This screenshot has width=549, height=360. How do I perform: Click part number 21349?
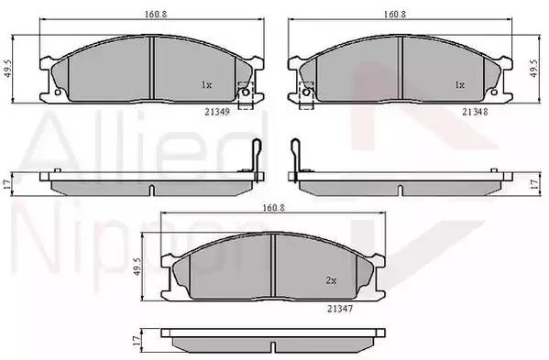coord(217,112)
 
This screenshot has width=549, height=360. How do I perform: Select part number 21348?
coord(475,112)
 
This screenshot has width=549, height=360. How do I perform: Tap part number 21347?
coord(340,309)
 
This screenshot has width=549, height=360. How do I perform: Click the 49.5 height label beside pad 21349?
coord(9,69)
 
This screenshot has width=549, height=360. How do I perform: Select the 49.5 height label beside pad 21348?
coord(533,69)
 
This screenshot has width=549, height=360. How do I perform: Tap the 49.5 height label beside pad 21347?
coord(137,267)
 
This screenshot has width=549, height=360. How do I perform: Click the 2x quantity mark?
coord(331,280)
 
